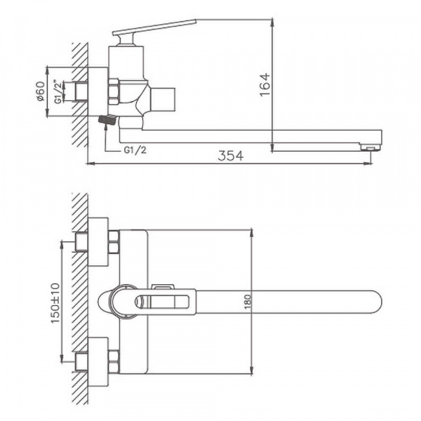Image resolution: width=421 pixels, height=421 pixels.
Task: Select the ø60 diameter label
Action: tap(40, 91)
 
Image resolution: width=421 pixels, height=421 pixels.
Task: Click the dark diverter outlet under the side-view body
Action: tap(107, 121)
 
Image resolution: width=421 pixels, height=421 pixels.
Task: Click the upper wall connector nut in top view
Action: tap(113, 242)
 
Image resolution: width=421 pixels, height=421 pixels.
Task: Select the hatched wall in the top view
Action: tap(80, 302)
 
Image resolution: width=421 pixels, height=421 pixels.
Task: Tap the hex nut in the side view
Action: tap(113, 92)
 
